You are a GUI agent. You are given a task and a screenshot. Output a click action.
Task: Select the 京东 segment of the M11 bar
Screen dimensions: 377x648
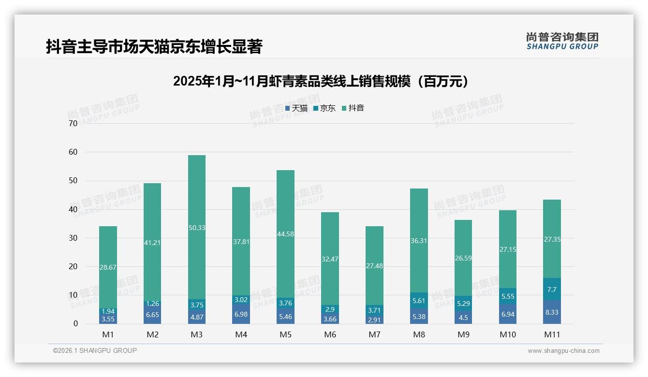pos(552,289)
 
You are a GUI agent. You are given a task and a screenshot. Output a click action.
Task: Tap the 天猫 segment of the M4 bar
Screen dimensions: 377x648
pos(241,315)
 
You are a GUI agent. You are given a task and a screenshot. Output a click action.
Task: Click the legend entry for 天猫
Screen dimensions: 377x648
pos(296,108)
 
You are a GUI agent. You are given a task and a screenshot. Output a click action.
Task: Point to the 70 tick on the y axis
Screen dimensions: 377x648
pos(73,124)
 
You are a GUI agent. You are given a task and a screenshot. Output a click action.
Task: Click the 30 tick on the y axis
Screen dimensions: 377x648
pos(73,238)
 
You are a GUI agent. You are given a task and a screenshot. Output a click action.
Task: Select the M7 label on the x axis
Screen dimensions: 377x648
pos(374,334)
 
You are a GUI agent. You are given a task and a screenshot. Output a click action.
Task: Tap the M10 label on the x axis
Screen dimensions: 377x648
pos(507,334)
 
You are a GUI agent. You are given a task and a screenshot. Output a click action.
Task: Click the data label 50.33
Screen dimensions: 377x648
pos(196,228)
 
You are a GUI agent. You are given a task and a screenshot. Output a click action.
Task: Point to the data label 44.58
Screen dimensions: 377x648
pos(285,234)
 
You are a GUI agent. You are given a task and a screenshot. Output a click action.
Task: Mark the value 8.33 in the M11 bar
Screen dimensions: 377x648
pos(552,312)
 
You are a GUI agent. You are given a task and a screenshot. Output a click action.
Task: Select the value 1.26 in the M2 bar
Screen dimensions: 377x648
pos(152,304)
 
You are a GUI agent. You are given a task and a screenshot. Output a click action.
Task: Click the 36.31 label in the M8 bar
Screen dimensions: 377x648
pos(419,240)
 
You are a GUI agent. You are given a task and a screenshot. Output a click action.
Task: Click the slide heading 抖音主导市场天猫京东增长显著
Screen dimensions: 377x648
pos(154,47)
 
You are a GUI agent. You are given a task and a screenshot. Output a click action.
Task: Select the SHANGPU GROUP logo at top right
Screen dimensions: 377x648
pos(562,41)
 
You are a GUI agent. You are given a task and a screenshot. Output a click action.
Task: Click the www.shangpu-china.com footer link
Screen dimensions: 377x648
pos(563,351)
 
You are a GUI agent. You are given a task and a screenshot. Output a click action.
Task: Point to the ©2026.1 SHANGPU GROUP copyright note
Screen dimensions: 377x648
pos(95,350)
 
